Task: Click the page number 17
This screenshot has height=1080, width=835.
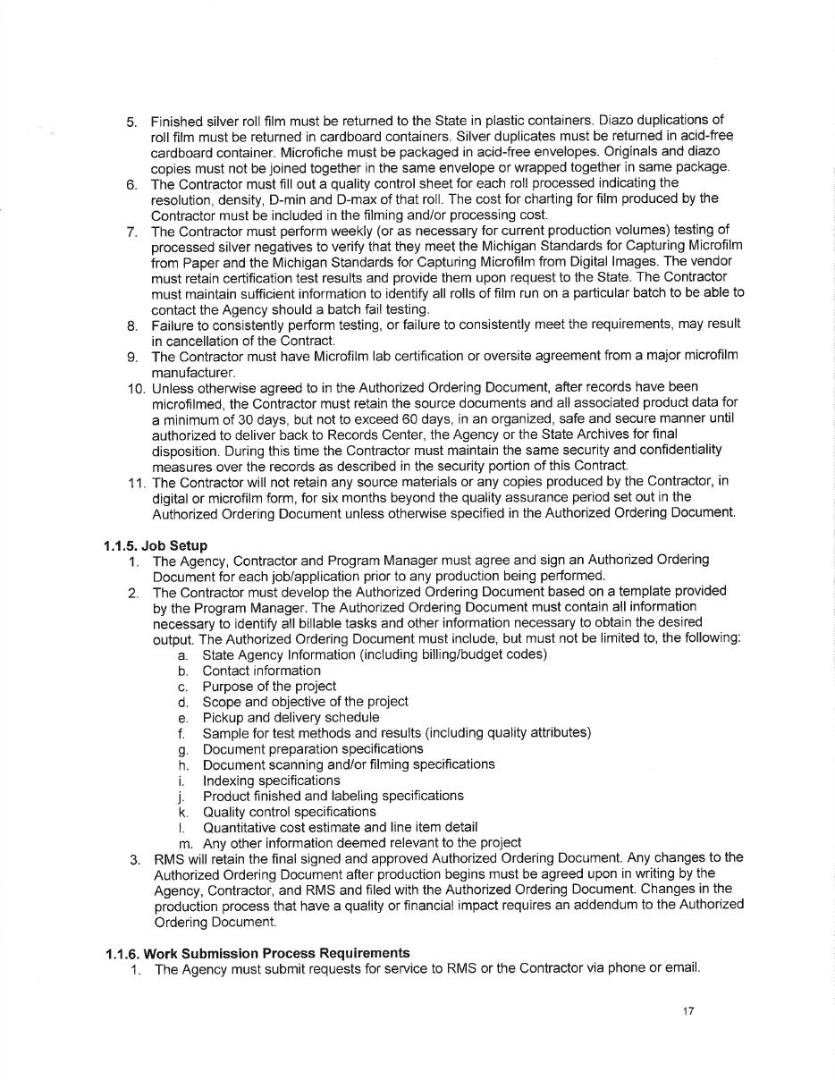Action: pos(687,1011)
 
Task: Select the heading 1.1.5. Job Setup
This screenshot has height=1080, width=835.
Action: pos(156,544)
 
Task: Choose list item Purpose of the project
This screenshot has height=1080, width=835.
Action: pos(269,686)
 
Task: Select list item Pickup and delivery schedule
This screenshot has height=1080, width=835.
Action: pos(291,717)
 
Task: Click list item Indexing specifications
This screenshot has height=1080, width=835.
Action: pos(271,780)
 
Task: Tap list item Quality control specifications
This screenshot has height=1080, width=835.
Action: pos(289,811)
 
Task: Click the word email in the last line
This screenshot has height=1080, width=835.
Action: pos(682,968)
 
